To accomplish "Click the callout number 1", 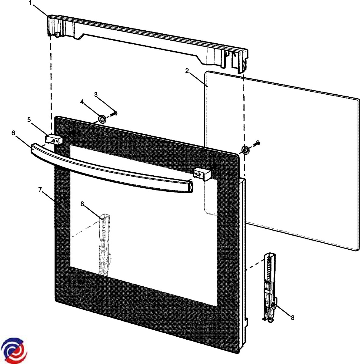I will [x=30, y=3].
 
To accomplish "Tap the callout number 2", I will [x=187, y=71].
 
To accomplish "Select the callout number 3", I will [x=96, y=95].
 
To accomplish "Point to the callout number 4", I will [x=82, y=102].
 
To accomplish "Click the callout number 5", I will [x=29, y=120].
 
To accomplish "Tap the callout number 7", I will [x=40, y=190].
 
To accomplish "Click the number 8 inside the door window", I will [x=82, y=204].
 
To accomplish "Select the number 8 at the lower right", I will [x=292, y=318].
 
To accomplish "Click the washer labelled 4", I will [x=102, y=119].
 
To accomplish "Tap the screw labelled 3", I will [x=115, y=114].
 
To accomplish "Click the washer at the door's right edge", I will [x=244, y=150].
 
